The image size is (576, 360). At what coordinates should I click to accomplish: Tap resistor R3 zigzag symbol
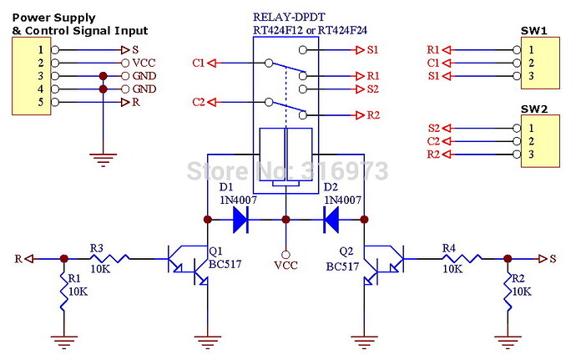[109, 259]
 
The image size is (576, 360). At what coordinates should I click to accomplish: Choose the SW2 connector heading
[533, 109]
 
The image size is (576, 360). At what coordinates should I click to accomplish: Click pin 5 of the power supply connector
[39, 103]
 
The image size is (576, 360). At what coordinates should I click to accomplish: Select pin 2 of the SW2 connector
[530, 141]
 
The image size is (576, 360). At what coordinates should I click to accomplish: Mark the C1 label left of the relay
[198, 62]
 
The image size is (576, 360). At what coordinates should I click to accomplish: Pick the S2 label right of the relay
[372, 89]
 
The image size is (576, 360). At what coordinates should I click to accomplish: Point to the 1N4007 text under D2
[342, 200]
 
